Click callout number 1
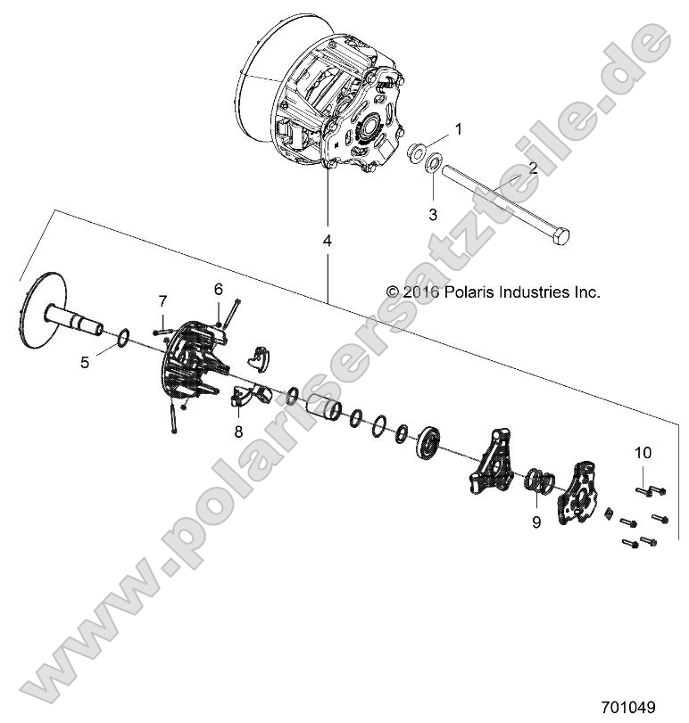(459, 129)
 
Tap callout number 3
(434, 214)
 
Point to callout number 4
(328, 242)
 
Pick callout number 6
(217, 288)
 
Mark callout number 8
(238, 431)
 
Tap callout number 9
(536, 522)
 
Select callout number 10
(643, 453)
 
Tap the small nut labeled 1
(416, 154)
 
